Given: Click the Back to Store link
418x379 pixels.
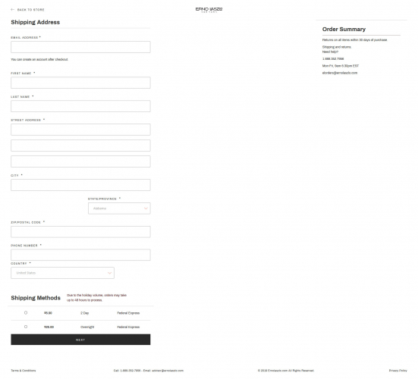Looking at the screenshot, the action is click(28, 10).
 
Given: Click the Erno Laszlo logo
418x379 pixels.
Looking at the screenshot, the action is click(209, 9).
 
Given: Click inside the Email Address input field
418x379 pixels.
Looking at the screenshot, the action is click(80, 47).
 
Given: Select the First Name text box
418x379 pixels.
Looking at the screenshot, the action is click(80, 83).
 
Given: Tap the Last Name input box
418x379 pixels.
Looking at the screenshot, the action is click(80, 106).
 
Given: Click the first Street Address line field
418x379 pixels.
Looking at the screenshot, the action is click(80, 130).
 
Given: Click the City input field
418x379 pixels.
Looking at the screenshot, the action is click(80, 185).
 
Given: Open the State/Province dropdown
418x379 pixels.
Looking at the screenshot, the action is click(119, 208).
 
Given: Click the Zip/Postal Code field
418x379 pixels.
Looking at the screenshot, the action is click(80, 232).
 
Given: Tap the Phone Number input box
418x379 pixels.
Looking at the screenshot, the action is click(80, 255).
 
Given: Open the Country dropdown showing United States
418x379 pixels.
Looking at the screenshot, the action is click(62, 273).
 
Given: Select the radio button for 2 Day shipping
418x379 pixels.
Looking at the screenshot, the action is click(26, 312).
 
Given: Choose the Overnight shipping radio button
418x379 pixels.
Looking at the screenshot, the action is click(26, 327).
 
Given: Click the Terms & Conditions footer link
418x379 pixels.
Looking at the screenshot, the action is click(23, 371).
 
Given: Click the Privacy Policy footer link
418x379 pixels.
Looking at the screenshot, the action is click(398, 371).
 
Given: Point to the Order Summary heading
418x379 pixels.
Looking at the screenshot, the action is click(344, 29).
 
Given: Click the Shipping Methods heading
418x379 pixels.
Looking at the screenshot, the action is click(36, 298).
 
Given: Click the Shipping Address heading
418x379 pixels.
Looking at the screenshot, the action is click(36, 22).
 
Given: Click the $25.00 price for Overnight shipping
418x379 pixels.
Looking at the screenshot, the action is click(49, 327).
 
